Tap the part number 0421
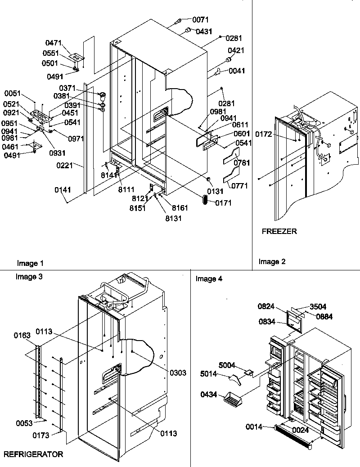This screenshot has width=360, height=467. click(236, 50)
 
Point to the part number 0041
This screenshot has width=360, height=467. click(237, 71)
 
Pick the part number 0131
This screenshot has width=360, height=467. click(216, 191)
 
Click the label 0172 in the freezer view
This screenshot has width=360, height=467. click(265, 134)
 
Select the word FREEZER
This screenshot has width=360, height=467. click(279, 232)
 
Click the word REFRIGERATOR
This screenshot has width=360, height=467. click(33, 455)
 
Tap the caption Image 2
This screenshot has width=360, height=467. click(272, 261)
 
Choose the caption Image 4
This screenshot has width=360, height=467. click(209, 279)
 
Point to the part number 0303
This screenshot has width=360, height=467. click(178, 373)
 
